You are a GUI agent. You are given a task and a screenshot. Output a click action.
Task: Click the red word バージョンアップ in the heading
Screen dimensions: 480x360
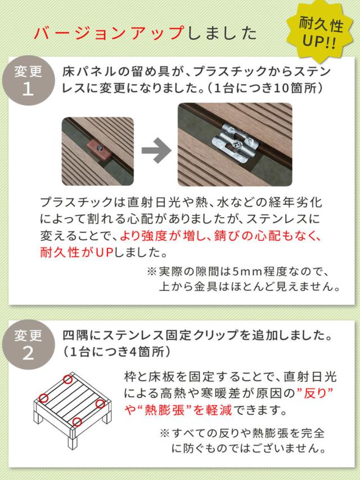point(108,33)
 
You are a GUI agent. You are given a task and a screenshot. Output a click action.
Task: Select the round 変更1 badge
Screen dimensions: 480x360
point(28,82)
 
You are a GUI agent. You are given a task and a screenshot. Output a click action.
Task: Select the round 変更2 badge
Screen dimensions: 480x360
point(28,344)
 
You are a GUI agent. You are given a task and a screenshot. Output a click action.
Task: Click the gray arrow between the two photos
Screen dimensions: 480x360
point(156,151)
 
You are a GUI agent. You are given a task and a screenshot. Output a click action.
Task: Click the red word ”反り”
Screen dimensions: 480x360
point(312,391)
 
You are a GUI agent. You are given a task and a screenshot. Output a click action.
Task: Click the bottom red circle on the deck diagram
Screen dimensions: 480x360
point(78,421)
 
